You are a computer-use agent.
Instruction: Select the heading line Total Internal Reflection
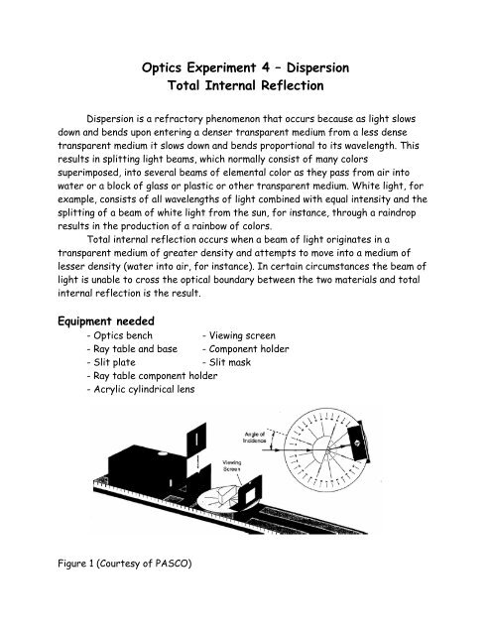[245, 94]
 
